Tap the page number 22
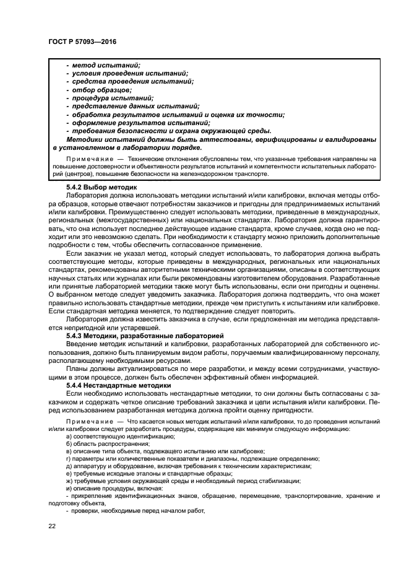coord(53,526)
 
